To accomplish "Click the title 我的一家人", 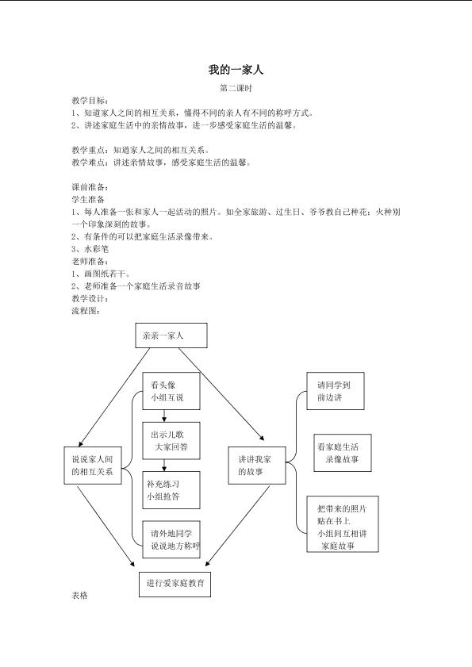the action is [236, 70].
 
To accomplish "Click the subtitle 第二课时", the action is [236, 89].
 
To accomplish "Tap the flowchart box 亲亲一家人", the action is [171, 335].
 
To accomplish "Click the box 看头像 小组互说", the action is [171, 391].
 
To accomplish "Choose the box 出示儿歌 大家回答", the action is [171, 441].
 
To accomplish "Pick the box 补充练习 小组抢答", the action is [171, 490].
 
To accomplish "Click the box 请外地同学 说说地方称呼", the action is [171, 539].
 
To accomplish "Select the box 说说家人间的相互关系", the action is [93, 466].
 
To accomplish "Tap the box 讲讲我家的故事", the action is [257, 466].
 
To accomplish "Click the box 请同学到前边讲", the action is [336, 391].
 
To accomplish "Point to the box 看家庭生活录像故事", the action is [343, 453].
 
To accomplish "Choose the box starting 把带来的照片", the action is [343, 524].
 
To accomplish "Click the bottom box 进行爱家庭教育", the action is [175, 584].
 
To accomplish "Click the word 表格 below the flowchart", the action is [79, 596].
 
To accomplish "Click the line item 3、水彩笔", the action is [90, 249].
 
